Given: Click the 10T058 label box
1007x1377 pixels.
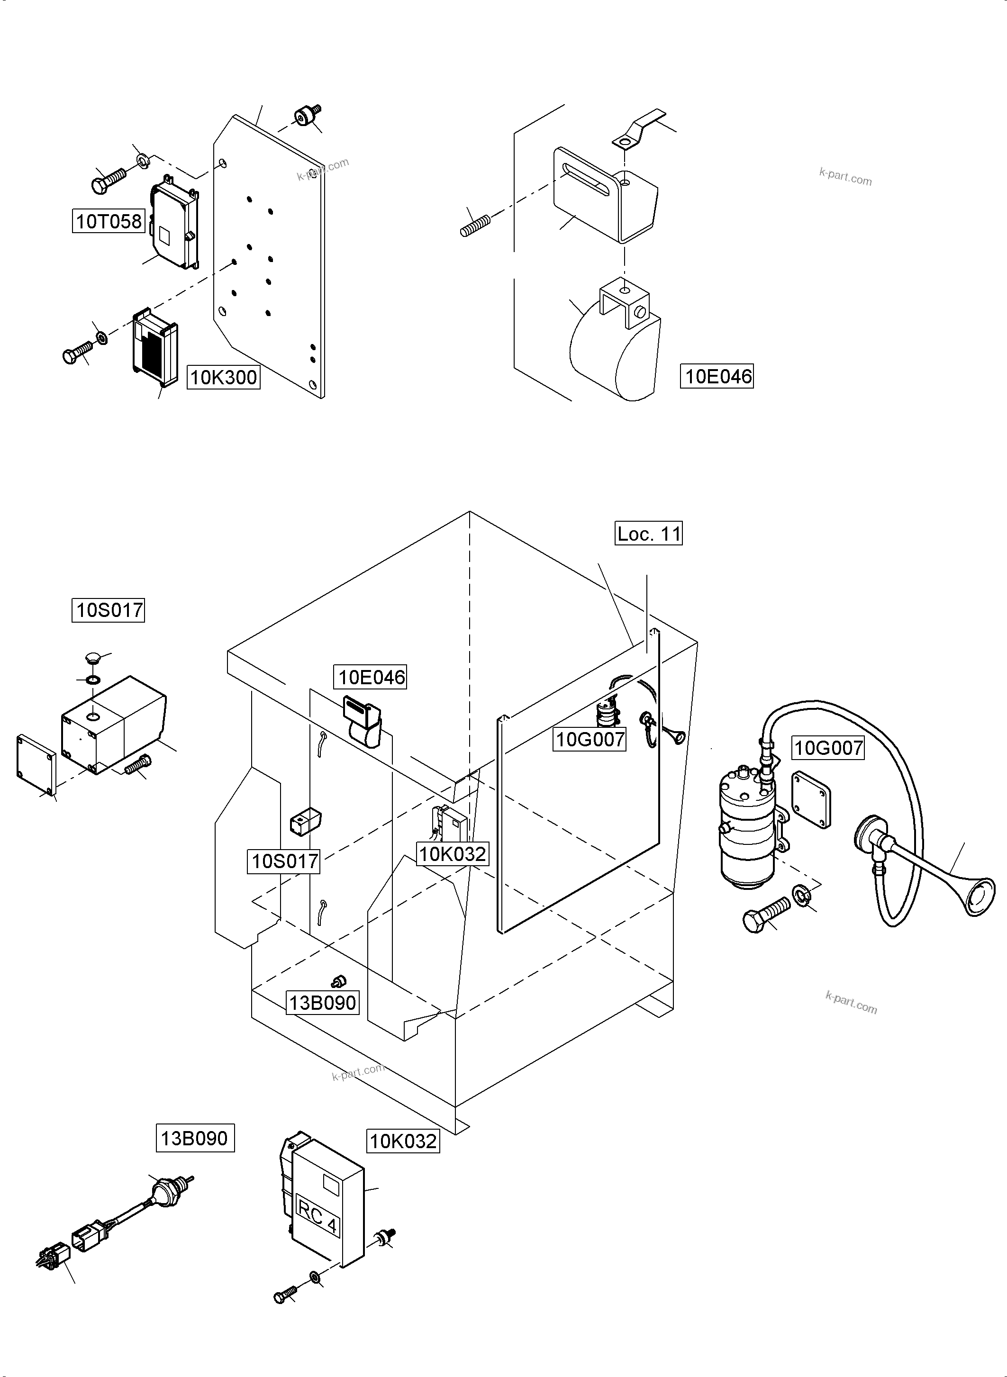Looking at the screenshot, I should tap(109, 221).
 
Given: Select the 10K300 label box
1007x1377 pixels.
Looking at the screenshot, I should tap(223, 377).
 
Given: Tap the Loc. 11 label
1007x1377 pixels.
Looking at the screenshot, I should tap(648, 534).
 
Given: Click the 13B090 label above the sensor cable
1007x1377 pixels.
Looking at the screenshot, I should tap(194, 1139).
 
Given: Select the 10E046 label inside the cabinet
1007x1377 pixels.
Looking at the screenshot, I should tap(370, 677).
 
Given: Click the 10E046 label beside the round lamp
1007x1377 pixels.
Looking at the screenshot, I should tap(717, 376).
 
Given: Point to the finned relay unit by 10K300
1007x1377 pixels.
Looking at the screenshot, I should tap(155, 346).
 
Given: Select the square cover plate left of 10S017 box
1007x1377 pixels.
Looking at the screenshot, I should tap(36, 766).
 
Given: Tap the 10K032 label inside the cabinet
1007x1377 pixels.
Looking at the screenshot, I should tap(452, 854).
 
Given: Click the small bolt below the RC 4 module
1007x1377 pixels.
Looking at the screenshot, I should tap(285, 1295).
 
